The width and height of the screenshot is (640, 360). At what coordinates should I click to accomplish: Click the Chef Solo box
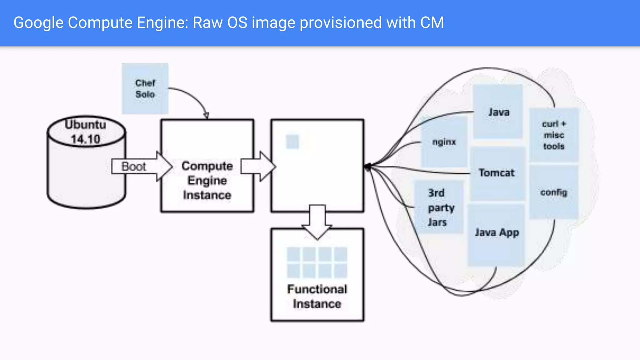pyautogui.click(x=145, y=88)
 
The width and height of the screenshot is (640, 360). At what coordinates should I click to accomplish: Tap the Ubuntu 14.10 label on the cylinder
pyautogui.click(x=85, y=132)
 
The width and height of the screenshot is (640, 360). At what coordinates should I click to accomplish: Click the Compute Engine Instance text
pyautogui.click(x=207, y=180)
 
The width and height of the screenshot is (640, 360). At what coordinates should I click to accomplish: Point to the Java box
pyautogui.click(x=498, y=112)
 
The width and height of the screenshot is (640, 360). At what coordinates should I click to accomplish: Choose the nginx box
pyautogui.click(x=444, y=142)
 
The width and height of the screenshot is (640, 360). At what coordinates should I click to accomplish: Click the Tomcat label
pyautogui.click(x=496, y=173)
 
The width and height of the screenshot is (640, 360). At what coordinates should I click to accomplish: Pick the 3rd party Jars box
pyautogui.click(x=439, y=207)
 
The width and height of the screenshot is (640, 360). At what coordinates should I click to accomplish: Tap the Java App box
pyautogui.click(x=496, y=234)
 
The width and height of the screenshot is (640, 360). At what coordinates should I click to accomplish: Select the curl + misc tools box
pyautogui.click(x=554, y=135)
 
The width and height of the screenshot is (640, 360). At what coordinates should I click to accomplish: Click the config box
pyautogui.click(x=554, y=192)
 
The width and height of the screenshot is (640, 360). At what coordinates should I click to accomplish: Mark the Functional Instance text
pyautogui.click(x=317, y=296)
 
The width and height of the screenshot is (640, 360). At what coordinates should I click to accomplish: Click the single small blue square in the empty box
pyautogui.click(x=292, y=142)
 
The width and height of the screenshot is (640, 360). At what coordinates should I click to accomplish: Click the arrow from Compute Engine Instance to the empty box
pyautogui.click(x=258, y=166)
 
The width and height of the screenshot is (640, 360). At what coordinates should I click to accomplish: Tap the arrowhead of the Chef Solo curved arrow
pyautogui.click(x=206, y=116)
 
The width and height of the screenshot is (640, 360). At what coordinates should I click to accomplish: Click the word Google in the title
pyautogui.click(x=38, y=23)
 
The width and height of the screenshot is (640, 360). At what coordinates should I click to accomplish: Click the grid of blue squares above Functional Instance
pyautogui.click(x=317, y=262)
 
